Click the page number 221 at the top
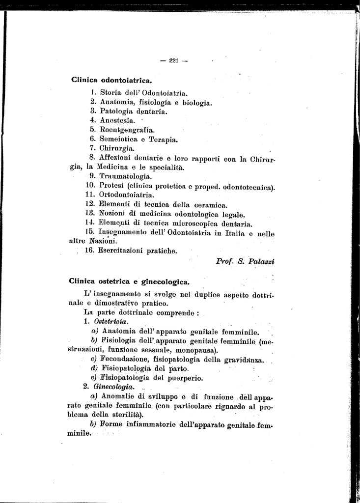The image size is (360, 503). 172,60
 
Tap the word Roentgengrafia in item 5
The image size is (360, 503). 127,130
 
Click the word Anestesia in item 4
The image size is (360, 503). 117,121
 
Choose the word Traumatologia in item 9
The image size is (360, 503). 125,176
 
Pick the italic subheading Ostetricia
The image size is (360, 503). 111,322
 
